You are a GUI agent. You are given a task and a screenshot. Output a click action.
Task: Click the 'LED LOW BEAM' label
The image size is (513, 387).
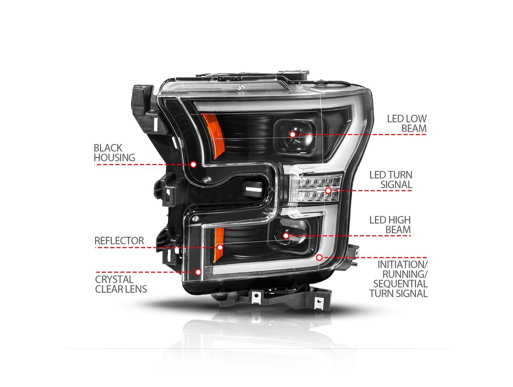(x=407, y=123)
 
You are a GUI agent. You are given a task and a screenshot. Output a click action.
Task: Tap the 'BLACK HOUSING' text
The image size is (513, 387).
(x=114, y=152)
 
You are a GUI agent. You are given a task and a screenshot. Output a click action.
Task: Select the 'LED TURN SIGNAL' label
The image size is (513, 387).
(x=391, y=179)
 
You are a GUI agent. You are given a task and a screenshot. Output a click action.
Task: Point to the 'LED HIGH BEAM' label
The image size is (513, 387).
(x=390, y=225)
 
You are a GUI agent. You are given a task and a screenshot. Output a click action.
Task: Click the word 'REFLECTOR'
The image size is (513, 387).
(x=119, y=240)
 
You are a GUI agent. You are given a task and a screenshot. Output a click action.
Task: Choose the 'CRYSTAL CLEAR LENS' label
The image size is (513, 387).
(x=121, y=284)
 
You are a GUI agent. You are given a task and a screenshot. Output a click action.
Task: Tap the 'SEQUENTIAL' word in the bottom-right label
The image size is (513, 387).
(x=400, y=284)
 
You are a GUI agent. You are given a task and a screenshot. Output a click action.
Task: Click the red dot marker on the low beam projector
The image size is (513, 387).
(x=292, y=135)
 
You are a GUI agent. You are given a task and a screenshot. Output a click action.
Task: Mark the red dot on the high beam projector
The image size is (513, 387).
(x=286, y=236)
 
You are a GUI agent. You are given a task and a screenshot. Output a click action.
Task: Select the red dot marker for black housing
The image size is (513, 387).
(x=193, y=164)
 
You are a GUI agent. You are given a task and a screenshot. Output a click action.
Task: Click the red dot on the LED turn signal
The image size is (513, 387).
(x=328, y=191)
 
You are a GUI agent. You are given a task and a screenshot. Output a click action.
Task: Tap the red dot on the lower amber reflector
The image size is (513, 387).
(x=220, y=247)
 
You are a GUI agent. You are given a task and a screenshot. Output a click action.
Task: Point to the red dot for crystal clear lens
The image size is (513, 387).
(x=198, y=272)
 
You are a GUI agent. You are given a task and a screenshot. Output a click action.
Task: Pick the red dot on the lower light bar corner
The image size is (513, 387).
(x=319, y=258)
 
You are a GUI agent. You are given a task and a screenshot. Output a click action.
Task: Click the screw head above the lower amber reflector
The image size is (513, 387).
(x=195, y=219)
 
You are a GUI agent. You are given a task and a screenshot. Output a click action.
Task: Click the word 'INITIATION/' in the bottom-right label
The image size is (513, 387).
(x=402, y=265)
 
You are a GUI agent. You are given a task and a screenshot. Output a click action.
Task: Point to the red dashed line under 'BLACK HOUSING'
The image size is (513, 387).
(x=142, y=164)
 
